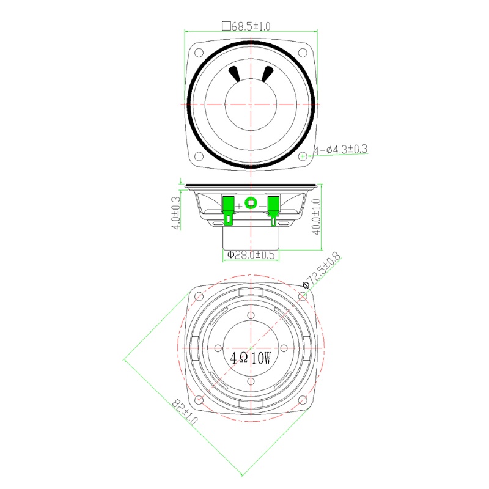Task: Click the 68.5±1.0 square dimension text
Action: tap(246, 26)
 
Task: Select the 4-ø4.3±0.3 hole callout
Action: tap(340, 149)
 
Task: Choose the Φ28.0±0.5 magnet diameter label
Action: tap(251, 254)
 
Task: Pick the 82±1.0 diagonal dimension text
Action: tap(185, 413)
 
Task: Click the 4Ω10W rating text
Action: tap(251, 358)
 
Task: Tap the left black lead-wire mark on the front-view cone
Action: tap(235, 73)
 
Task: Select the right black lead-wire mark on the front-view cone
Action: tap(267, 73)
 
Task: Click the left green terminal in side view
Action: tap(229, 208)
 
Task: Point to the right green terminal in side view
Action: tap(273, 208)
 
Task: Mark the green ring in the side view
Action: tap(251, 202)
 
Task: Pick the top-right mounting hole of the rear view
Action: tap(303, 296)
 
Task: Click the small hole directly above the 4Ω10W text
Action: tap(251, 315)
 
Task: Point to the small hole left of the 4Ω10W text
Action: tap(218, 348)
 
